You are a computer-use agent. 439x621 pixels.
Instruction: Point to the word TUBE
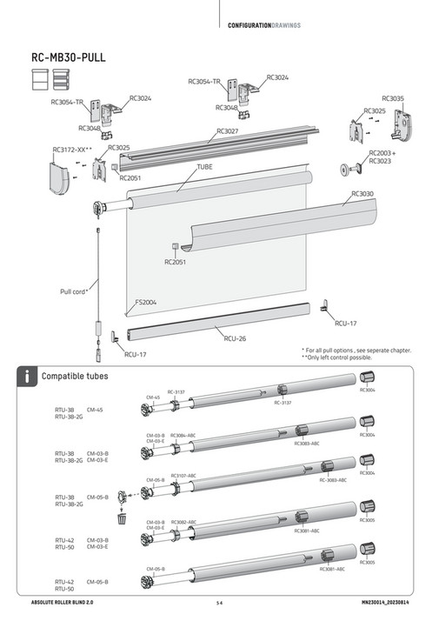coord(204,165)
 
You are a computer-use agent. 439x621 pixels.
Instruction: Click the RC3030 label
coord(363,194)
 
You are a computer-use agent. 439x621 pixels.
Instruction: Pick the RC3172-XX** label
coord(72,150)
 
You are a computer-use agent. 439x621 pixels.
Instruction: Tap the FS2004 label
coord(145,303)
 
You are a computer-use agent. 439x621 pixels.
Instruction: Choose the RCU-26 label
coord(236,338)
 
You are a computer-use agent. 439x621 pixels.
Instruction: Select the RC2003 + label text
coord(382,152)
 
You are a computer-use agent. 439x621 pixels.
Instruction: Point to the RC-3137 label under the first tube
coord(283,403)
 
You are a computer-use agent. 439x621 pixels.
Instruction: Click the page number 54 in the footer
coord(220,603)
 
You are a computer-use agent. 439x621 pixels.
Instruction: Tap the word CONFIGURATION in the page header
coord(250,25)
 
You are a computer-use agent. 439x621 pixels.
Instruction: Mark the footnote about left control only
coord(356,358)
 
